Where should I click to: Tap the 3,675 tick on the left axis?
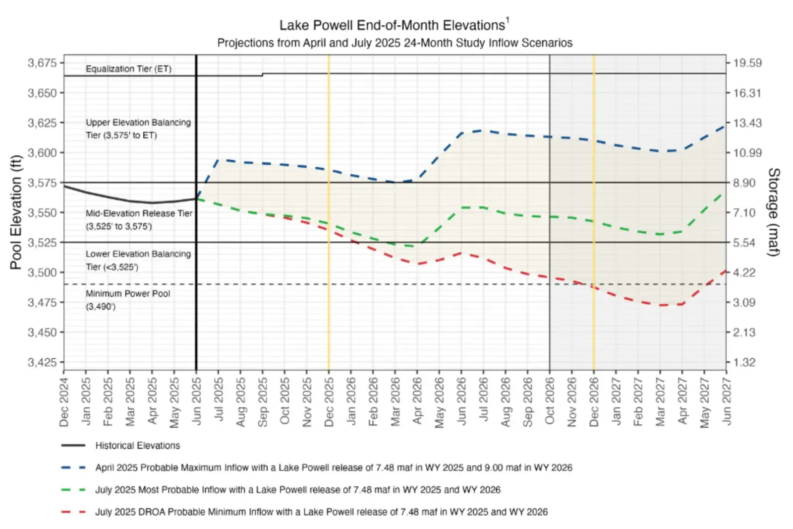point(42,63)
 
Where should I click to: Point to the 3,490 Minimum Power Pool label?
point(127,300)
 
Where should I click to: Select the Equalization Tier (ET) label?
point(128,69)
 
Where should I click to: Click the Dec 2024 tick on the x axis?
point(64,402)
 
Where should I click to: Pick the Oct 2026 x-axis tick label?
point(550,402)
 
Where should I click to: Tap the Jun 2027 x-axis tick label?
point(727,402)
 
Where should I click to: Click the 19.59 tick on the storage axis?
point(747,63)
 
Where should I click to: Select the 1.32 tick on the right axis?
point(744,362)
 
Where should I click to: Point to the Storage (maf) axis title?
point(773,212)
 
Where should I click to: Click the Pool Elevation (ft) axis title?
point(16,212)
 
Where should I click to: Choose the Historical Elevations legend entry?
point(137,446)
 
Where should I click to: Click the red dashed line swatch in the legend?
point(73,512)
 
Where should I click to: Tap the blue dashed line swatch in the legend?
point(73,467)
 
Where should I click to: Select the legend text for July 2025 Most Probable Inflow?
point(297,490)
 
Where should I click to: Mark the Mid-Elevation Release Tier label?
point(138,219)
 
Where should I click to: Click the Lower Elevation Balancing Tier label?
point(138,260)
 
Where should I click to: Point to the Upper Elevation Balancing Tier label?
point(138,129)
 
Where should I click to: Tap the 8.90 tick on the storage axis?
point(744,183)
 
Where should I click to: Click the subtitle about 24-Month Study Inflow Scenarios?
point(395,43)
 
